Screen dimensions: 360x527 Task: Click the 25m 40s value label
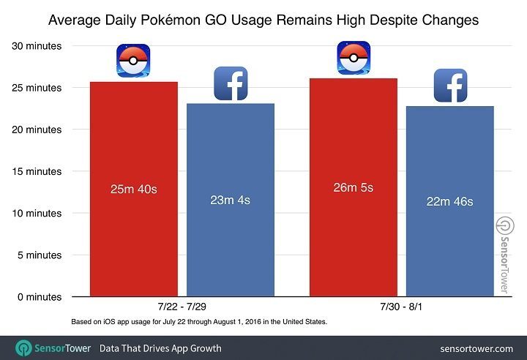click(x=133, y=190)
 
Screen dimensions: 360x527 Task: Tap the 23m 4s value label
click(x=230, y=200)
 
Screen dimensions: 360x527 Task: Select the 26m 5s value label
click(x=353, y=188)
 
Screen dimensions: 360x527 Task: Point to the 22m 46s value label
click(x=449, y=201)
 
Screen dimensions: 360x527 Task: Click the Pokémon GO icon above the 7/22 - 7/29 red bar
click(x=133, y=61)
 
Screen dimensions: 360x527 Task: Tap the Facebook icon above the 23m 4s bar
click(x=231, y=83)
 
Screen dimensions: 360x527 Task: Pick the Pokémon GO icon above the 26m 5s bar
click(x=354, y=59)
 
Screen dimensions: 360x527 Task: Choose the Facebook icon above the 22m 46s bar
click(x=450, y=86)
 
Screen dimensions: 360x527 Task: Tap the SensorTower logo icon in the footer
click(x=24, y=348)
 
